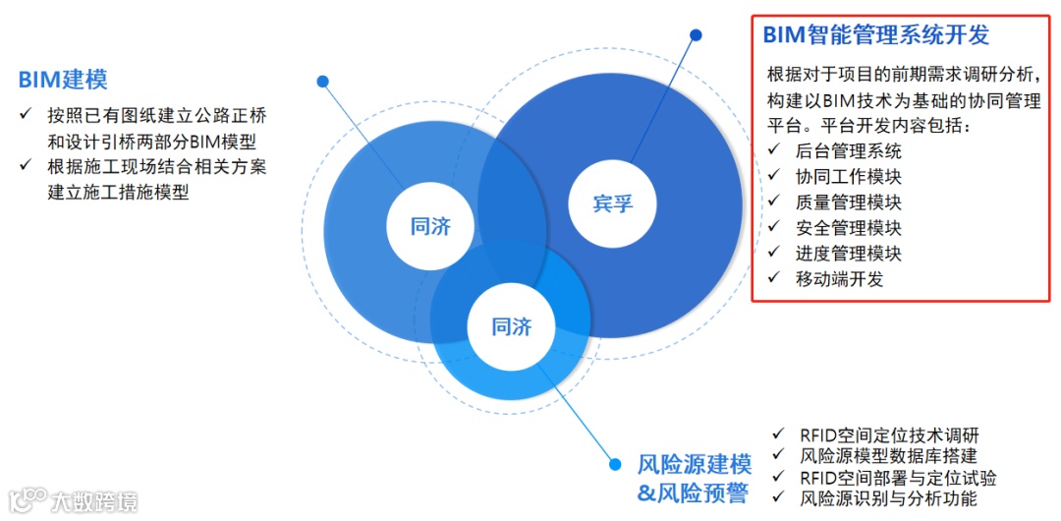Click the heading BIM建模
click(63, 80)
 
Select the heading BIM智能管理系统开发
click(876, 35)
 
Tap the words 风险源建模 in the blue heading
click(694, 464)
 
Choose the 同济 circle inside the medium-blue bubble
click(430, 226)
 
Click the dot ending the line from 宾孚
click(696, 35)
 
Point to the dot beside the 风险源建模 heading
click(616, 464)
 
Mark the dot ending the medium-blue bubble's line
click(322, 82)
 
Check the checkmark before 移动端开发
click(775, 278)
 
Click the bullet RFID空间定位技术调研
click(889, 434)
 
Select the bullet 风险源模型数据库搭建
click(889, 456)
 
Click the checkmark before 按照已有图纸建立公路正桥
click(26, 114)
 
